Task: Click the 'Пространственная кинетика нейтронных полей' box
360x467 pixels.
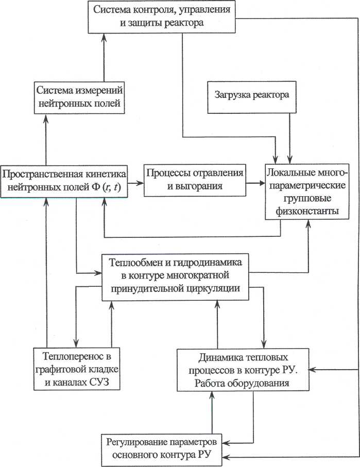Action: (x=64, y=180)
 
